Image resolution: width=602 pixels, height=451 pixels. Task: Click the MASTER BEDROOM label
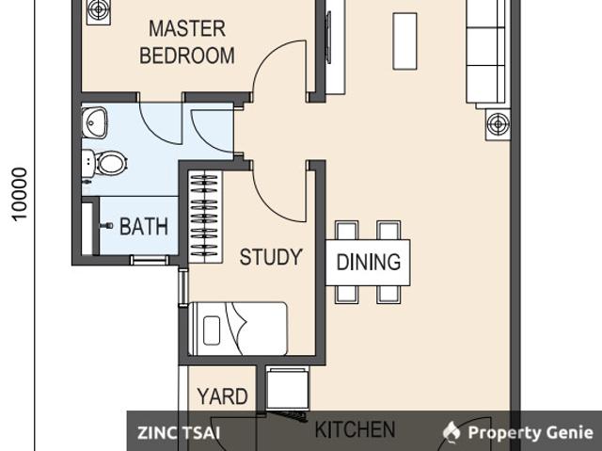[187, 42]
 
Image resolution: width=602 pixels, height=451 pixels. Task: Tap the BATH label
[144, 226]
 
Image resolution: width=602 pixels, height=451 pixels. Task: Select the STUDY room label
[271, 257]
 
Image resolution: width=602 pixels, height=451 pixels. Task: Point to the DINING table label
[369, 262]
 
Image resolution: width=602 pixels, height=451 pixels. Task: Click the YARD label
[222, 396]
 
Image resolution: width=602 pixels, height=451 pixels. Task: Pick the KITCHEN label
[355, 429]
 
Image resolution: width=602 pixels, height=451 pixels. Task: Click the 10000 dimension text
[20, 194]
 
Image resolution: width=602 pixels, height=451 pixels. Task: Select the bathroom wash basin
[94, 122]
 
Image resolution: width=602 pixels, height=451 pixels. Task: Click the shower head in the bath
[106, 226]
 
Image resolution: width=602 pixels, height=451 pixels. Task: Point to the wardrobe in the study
[205, 217]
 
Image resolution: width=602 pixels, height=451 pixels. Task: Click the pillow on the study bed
[212, 330]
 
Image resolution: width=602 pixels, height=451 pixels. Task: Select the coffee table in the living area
[404, 41]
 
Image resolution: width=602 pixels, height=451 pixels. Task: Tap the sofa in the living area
[487, 52]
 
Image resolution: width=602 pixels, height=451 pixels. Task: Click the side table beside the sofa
[498, 124]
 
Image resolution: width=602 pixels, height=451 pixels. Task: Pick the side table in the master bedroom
[99, 11]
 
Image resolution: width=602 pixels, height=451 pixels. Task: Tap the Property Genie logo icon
[451, 432]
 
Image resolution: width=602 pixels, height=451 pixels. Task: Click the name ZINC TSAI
[179, 433]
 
